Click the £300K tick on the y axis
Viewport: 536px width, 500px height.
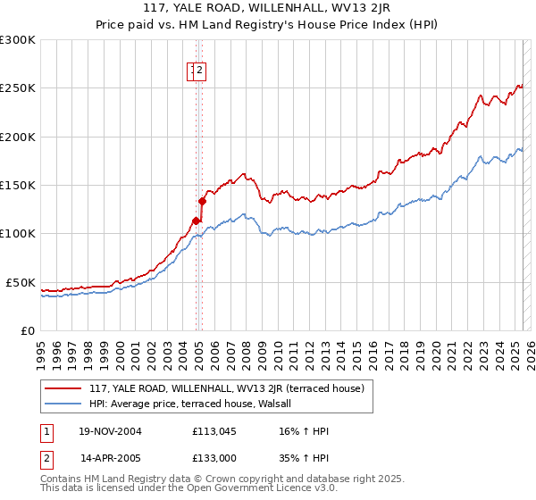click(18, 40)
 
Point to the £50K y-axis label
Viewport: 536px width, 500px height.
click(21, 282)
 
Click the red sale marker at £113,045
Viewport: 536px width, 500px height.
click(196, 221)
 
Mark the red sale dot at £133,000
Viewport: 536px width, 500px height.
click(202, 201)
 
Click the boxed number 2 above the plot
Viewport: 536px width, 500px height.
click(200, 72)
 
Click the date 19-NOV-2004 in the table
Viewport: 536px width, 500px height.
click(111, 431)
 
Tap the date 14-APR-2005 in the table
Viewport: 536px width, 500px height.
click(111, 456)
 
